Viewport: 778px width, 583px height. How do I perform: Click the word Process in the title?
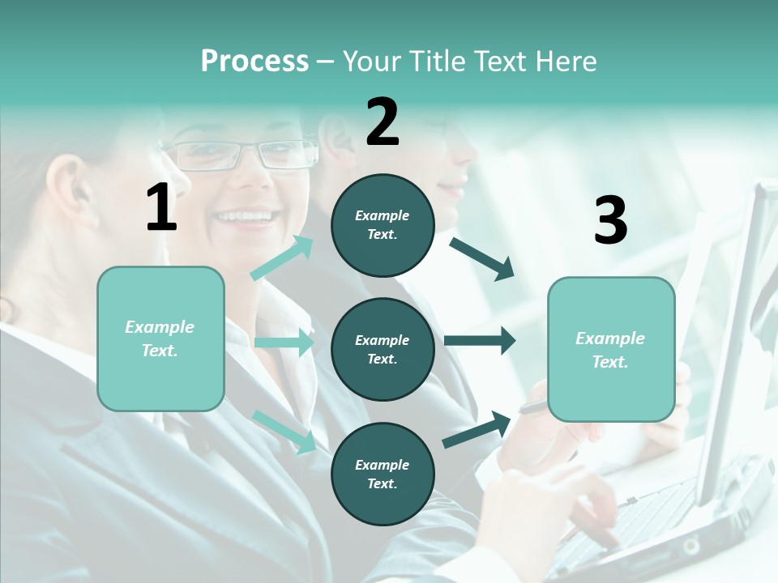[254, 61]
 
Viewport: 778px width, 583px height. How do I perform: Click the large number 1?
[161, 208]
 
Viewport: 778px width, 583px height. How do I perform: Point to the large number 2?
[383, 122]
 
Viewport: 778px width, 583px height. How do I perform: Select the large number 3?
[610, 220]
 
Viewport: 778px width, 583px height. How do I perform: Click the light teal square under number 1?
[160, 338]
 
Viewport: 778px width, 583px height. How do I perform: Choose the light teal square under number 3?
[611, 350]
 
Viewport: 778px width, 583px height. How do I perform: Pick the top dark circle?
[383, 225]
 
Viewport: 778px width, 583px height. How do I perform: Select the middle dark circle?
[383, 350]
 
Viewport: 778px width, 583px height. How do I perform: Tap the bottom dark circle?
[383, 474]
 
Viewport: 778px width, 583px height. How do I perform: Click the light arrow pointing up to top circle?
[282, 257]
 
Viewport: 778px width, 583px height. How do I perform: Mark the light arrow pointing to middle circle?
[284, 343]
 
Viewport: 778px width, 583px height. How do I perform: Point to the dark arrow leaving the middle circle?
[480, 340]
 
